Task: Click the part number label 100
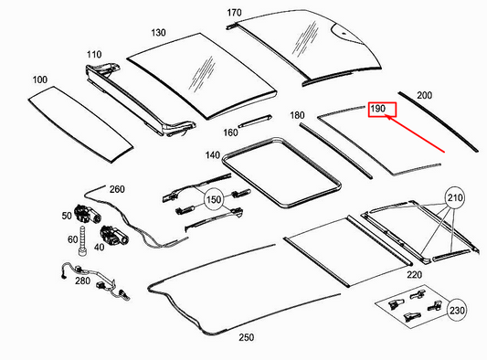click(x=39, y=80)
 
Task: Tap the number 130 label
click(x=159, y=33)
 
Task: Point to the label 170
click(x=234, y=13)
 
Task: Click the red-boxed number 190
click(x=381, y=110)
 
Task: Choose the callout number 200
click(x=425, y=95)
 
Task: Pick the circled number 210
click(x=454, y=197)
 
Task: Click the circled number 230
click(x=456, y=310)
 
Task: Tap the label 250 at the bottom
click(x=246, y=337)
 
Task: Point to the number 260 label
click(x=116, y=189)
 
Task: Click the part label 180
click(x=297, y=116)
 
